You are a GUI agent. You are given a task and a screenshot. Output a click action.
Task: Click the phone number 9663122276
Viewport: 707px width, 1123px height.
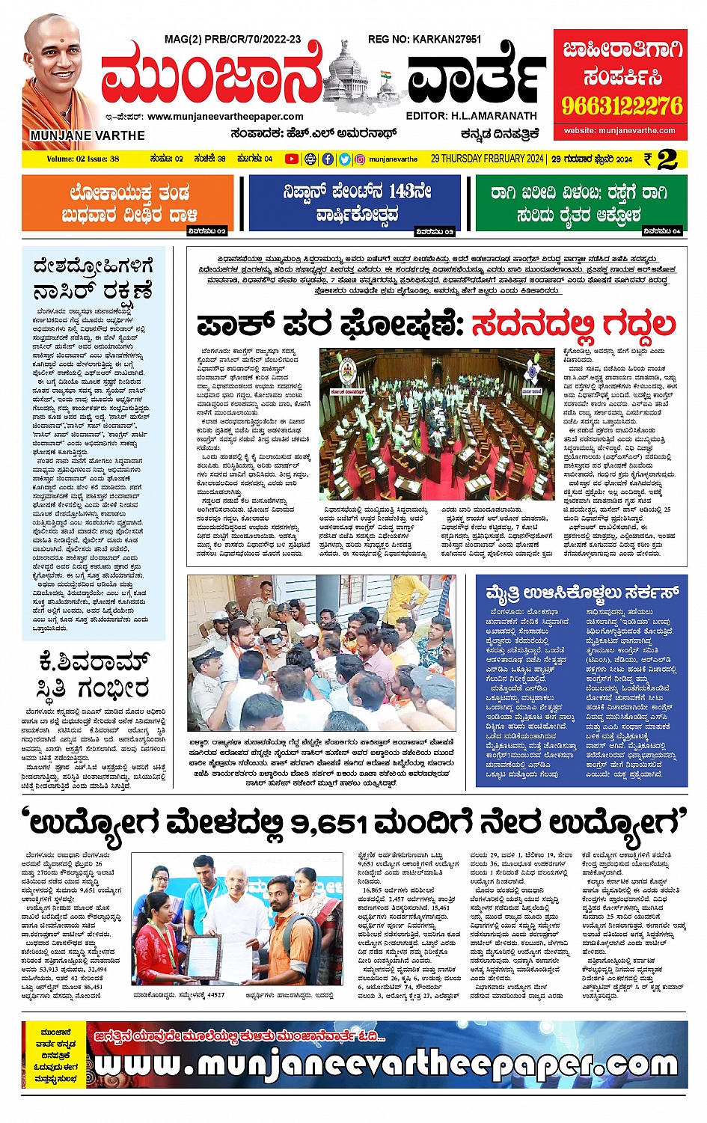(622, 105)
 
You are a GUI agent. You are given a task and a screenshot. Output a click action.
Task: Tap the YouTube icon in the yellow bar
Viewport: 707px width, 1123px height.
(291, 159)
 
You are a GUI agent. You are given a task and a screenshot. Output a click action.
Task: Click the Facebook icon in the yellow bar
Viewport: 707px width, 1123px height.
(328, 159)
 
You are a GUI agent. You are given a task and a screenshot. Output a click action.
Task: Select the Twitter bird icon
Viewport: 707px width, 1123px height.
(344, 159)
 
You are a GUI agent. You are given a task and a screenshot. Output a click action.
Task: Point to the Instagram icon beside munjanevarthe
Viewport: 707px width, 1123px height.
(360, 159)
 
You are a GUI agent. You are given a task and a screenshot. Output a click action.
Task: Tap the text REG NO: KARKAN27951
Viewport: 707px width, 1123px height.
(424, 39)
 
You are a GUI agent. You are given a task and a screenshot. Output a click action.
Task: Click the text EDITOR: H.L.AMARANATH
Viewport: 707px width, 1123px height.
(471, 116)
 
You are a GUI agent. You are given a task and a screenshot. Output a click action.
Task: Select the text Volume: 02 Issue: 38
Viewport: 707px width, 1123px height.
(83, 159)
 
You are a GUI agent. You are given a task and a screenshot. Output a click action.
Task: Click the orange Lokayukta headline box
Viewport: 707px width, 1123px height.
(128, 203)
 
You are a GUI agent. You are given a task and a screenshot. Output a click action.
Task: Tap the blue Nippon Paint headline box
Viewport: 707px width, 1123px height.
(355, 203)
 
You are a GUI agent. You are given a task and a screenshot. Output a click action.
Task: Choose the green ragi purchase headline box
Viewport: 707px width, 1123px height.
(580, 203)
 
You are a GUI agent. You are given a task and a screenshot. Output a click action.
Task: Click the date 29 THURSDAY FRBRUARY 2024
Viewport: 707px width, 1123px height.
(487, 159)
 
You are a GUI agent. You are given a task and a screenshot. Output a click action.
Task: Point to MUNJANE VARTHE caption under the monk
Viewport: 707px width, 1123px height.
(88, 135)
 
